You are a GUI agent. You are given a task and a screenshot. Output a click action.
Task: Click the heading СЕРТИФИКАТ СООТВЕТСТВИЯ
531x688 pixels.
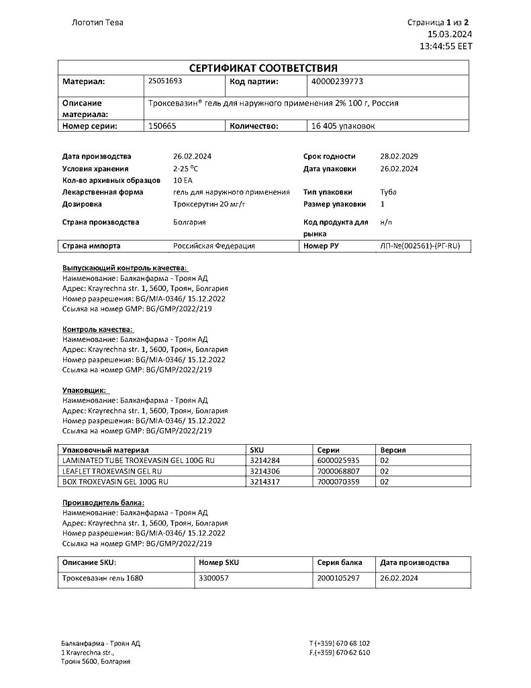pos(263,68)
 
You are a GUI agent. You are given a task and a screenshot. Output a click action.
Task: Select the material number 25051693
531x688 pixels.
pos(164,81)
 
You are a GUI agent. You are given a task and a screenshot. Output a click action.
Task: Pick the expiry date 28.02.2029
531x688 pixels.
pos(399,156)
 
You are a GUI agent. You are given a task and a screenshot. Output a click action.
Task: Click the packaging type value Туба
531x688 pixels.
pos(388,192)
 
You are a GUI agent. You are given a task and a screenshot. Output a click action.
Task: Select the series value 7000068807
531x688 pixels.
pos(338,471)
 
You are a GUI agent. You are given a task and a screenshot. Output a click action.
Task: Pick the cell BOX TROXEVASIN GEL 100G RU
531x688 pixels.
pos(115,482)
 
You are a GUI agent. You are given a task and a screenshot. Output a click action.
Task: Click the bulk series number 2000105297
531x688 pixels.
pos(338,578)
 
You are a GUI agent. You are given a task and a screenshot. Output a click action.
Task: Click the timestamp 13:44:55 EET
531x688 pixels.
pos(446,47)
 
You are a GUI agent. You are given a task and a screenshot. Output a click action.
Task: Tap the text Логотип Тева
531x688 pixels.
pos(97,22)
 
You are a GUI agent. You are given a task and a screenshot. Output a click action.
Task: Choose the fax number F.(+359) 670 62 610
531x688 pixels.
pos(340,652)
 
